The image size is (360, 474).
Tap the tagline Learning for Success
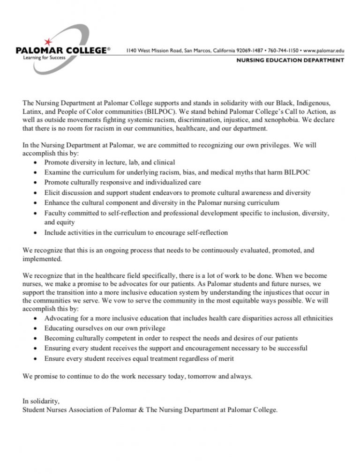(x=42, y=57)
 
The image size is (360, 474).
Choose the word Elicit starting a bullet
(x=52, y=193)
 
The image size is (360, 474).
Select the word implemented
(x=42, y=259)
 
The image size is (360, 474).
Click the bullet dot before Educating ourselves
(x=37, y=328)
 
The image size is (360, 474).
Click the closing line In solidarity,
(x=41, y=401)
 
